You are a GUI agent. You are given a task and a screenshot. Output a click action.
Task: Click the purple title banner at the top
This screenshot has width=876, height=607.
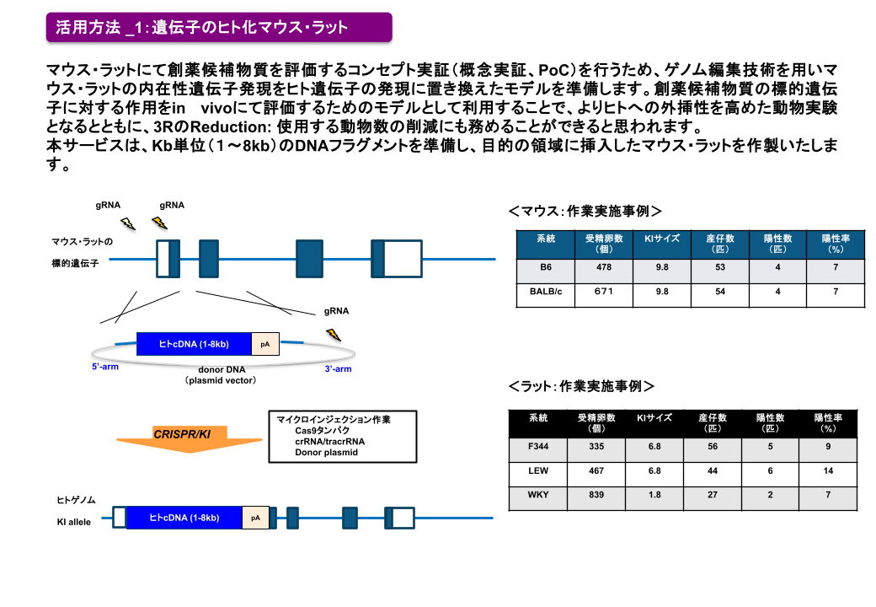click(x=218, y=27)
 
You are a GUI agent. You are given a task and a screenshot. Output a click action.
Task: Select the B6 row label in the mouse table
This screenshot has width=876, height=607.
click(x=545, y=268)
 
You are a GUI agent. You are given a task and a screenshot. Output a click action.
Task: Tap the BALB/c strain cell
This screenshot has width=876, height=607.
click(x=545, y=292)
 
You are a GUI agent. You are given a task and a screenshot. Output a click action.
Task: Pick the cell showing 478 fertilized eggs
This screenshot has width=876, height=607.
click(x=603, y=268)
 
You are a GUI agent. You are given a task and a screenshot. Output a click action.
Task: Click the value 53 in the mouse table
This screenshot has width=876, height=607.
click(x=719, y=268)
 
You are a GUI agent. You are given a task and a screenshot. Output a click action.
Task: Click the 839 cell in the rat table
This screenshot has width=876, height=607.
click(x=596, y=495)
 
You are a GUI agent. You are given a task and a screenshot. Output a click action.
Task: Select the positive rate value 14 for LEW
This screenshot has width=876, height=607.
click(x=828, y=470)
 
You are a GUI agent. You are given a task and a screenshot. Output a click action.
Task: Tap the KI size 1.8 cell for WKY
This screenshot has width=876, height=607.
click(x=654, y=495)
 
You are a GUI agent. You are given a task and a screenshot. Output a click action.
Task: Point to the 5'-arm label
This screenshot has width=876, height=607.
click(x=105, y=368)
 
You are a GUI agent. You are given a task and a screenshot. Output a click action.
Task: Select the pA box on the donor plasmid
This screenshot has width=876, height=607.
click(x=264, y=344)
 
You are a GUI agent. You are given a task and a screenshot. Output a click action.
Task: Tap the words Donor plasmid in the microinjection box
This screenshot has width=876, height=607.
click(x=326, y=453)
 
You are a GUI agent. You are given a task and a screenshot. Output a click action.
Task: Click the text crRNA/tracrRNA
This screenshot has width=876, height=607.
click(x=329, y=441)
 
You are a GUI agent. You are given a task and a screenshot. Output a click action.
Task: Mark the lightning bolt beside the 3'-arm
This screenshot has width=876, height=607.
click(x=334, y=335)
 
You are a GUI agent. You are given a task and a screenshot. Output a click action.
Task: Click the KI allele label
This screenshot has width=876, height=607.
click(x=74, y=523)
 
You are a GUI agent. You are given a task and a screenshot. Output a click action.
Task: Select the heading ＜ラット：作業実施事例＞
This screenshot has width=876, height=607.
click(x=582, y=387)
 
